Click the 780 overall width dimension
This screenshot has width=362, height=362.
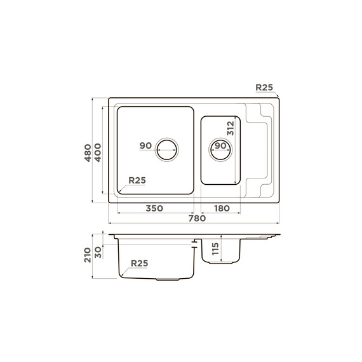point(197,218)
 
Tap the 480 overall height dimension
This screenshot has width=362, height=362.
point(88,153)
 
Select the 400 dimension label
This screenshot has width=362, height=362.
point(98,152)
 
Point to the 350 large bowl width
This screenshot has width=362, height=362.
point(154,208)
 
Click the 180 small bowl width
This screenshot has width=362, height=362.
point(222,208)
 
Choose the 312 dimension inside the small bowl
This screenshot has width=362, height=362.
point(231,128)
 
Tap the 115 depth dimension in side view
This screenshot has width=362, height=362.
point(215,249)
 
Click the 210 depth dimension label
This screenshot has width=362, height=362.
point(88,255)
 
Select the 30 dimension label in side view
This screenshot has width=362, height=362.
point(98,252)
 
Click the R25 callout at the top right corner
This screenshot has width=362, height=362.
point(264,88)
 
